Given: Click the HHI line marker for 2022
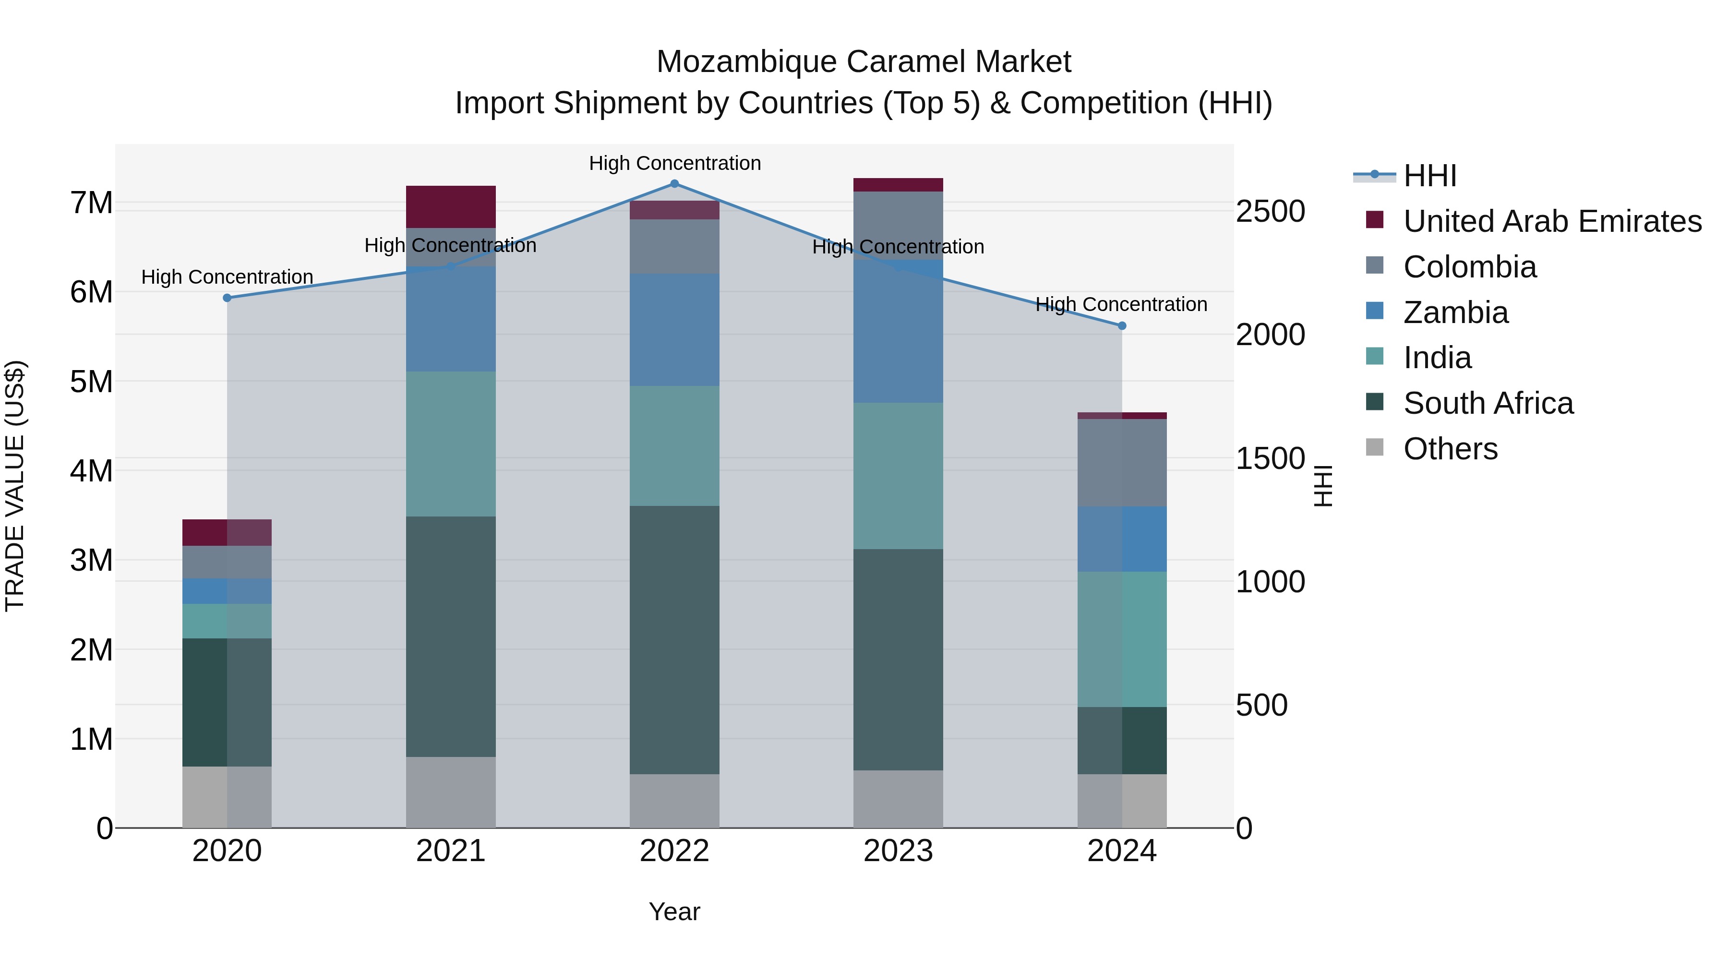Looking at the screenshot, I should (x=674, y=183).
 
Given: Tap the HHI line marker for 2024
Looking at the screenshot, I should (x=1122, y=325).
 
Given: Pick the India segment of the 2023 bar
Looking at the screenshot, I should (x=898, y=476).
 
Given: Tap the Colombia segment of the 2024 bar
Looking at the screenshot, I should (x=1122, y=462).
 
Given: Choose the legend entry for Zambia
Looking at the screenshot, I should (x=1456, y=312).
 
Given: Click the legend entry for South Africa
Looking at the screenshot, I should (x=1488, y=403).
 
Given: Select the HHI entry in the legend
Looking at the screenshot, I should (x=1429, y=176).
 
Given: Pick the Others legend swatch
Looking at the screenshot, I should (x=1375, y=447).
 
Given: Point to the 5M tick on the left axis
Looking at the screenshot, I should (x=91, y=382).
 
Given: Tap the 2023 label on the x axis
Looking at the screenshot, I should (x=898, y=851).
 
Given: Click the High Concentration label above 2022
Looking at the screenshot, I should (x=674, y=163).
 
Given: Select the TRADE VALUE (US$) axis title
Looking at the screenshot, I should (x=15, y=486).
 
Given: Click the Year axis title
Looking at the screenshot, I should (x=674, y=912).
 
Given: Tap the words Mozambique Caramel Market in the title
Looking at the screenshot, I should (x=864, y=62).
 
